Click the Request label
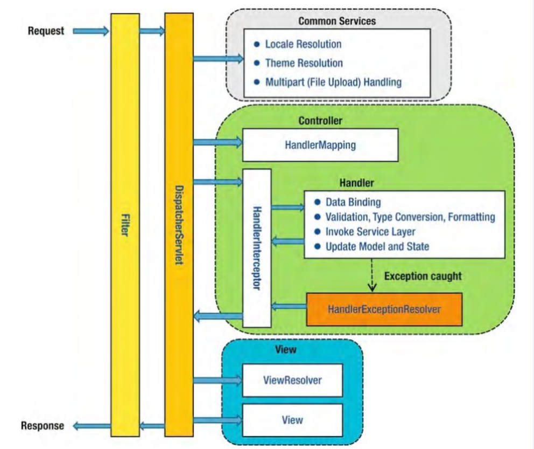(46, 31)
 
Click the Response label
(43, 426)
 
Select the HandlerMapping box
(320, 145)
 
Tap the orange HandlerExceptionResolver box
(384, 309)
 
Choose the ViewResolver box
(292, 380)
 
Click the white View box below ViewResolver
(292, 420)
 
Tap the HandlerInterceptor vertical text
(257, 248)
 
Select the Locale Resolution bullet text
(303, 44)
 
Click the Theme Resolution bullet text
(304, 63)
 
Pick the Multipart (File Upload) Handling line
(333, 82)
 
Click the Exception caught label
(423, 276)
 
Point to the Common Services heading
(337, 22)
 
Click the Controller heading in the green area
(320, 121)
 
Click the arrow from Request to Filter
(90, 31)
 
